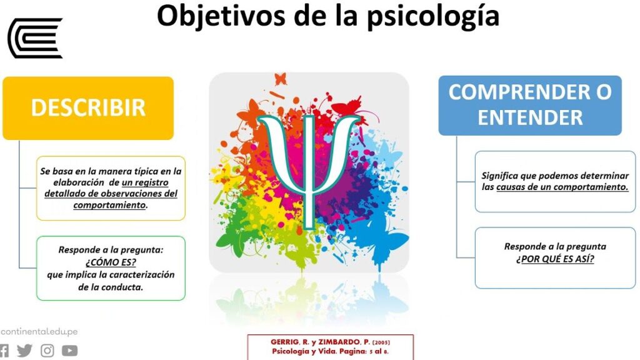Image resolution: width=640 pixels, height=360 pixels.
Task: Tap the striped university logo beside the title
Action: click(35, 38)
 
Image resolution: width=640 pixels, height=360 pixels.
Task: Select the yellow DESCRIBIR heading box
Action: click(88, 108)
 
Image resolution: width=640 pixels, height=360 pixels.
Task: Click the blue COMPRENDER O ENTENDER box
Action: click(530, 105)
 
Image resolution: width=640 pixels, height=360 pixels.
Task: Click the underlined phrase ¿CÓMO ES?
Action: click(111, 262)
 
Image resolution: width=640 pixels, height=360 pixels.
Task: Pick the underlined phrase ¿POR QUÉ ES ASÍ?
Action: click(555, 259)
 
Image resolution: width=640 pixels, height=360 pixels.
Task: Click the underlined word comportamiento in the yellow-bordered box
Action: click(109, 205)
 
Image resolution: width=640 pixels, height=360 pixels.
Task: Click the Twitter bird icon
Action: click(24, 350)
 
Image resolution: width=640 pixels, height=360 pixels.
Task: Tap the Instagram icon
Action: click(47, 350)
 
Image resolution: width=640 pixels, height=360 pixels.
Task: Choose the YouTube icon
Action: click(70, 350)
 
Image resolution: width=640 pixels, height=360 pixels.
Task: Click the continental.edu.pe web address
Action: click(39, 331)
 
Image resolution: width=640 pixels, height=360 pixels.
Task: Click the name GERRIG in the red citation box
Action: click(285, 342)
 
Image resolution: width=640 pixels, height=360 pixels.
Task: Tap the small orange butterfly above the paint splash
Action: click(281, 78)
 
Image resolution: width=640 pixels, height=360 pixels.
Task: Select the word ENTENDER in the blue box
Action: click(530, 117)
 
